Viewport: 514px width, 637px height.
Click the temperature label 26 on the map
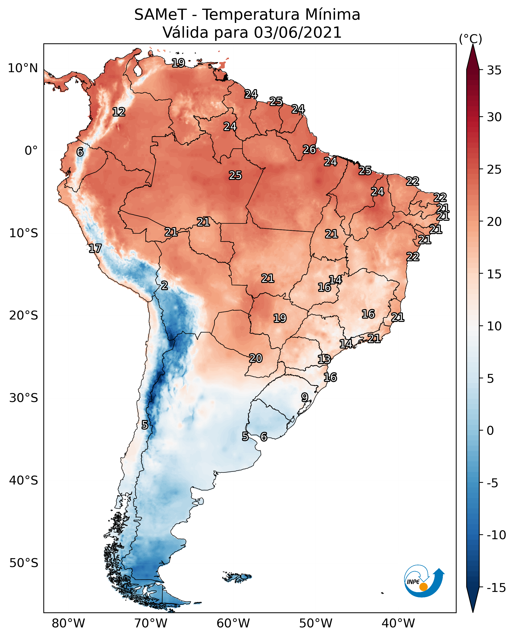click(309, 150)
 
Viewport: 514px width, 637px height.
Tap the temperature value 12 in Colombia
click(119, 112)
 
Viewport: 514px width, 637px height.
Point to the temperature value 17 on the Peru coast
click(95, 248)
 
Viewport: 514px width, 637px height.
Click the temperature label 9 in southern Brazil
click(305, 397)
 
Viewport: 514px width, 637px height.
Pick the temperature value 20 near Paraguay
click(256, 358)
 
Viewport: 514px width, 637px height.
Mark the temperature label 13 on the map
click(324, 359)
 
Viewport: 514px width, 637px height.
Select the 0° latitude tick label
click(31, 151)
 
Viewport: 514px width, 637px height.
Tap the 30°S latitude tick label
click(24, 398)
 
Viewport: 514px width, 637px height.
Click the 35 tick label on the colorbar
click(494, 70)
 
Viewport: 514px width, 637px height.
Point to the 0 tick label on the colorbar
click(490, 430)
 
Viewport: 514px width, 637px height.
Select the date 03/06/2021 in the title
click(298, 32)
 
